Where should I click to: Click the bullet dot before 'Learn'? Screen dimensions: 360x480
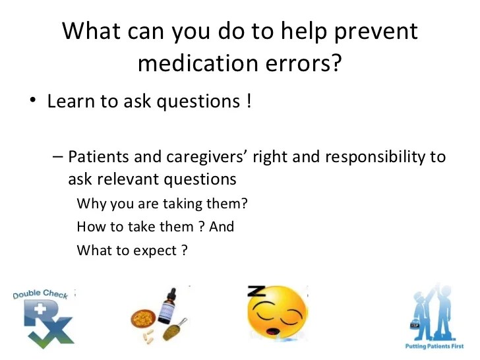click(32, 104)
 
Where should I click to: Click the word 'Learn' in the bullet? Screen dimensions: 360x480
click(69, 103)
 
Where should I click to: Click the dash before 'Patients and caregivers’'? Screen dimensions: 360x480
click(57, 158)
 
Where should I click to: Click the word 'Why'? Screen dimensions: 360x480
click(89, 204)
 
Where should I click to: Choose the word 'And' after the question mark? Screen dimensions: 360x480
click(222, 227)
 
